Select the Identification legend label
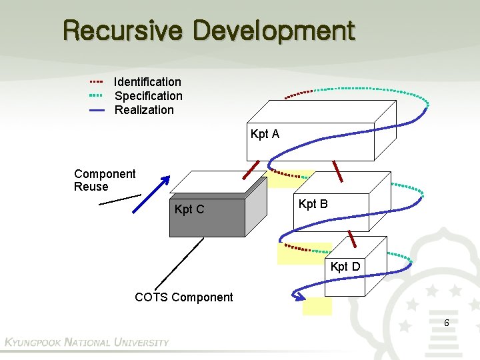pyautogui.click(x=147, y=82)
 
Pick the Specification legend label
pyautogui.click(x=148, y=96)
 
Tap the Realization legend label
pyautogui.click(x=144, y=110)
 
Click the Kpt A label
pyautogui.click(x=265, y=134)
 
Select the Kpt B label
pyautogui.click(x=313, y=204)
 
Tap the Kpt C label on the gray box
pyautogui.click(x=189, y=210)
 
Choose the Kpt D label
pyautogui.click(x=345, y=267)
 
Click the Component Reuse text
pyautogui.click(x=104, y=180)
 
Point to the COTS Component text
pyautogui.click(x=184, y=297)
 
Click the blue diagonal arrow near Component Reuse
pyautogui.click(x=151, y=194)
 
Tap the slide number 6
pyautogui.click(x=446, y=323)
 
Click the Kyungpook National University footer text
pyautogui.click(x=87, y=343)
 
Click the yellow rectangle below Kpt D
pyautogui.click(x=317, y=306)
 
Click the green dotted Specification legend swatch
pyautogui.click(x=97, y=96)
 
